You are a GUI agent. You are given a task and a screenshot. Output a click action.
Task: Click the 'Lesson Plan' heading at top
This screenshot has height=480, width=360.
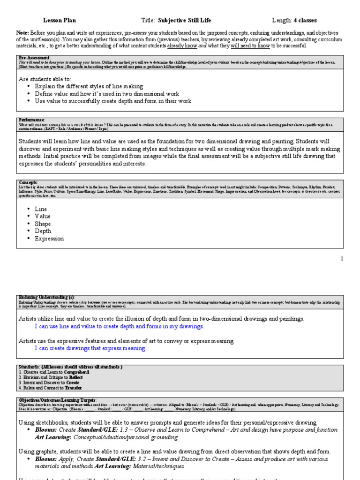60,20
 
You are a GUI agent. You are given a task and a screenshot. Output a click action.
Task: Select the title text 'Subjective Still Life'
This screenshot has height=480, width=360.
185,20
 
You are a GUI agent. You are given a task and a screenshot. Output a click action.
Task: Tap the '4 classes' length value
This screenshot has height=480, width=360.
305,20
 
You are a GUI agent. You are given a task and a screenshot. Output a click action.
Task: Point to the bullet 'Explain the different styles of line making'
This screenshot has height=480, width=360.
89,86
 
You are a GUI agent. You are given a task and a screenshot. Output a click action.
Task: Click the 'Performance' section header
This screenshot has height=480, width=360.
32,120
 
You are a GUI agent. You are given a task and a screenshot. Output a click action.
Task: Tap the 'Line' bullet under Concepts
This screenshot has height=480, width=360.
41,209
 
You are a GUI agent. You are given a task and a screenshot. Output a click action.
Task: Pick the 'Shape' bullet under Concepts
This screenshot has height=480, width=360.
43,224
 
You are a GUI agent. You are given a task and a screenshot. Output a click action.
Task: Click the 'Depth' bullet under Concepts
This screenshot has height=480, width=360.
43,231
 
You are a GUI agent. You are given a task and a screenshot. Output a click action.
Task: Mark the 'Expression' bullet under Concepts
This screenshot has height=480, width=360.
49,238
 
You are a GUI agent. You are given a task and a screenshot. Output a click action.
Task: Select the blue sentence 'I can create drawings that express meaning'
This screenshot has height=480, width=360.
90,348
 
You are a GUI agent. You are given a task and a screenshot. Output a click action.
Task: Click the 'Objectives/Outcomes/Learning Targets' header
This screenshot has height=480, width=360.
58,400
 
